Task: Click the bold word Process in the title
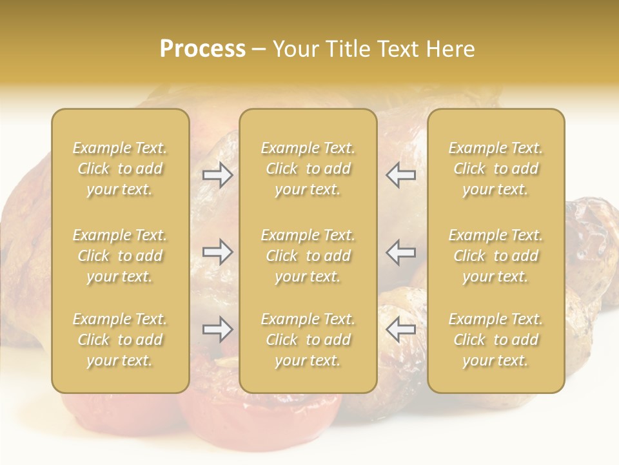point(202,49)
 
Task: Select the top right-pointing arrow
point(217,175)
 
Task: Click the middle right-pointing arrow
point(217,252)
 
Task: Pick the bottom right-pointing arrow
point(217,329)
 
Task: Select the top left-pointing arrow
point(401,175)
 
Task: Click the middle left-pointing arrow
point(401,252)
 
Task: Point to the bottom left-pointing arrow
point(401,329)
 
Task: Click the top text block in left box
point(120,169)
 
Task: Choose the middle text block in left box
point(120,256)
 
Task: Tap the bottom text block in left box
point(120,340)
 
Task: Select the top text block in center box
point(308,169)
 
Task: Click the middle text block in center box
point(308,256)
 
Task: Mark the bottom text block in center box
point(308,340)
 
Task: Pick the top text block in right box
point(496,169)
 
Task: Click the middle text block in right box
point(496,256)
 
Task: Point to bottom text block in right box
point(496,340)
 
